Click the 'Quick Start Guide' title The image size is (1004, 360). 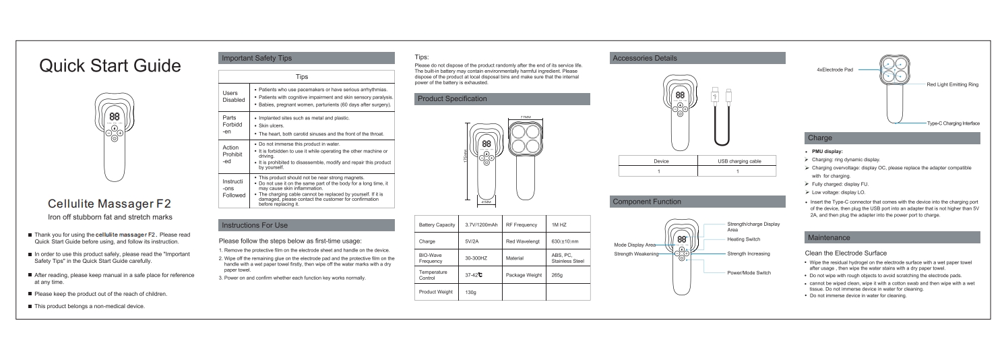(x=110, y=67)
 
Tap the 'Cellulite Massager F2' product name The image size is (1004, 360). (x=110, y=203)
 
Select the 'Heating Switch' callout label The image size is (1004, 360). (x=744, y=239)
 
